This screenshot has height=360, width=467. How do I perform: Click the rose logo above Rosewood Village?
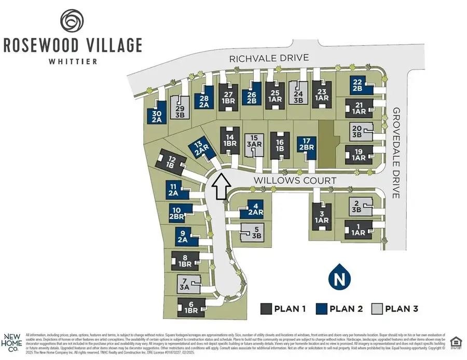tap(72, 20)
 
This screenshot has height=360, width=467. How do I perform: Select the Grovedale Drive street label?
tap(397, 153)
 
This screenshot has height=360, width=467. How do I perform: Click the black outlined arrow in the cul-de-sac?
tap(221, 187)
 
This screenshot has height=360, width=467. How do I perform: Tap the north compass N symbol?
tap(339, 278)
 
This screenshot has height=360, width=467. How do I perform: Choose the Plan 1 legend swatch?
tap(266, 309)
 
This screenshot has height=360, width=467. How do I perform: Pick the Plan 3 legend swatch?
tap(377, 309)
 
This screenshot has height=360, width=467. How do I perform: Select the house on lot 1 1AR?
tap(359, 229)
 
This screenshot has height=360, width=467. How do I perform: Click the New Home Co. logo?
tap(11, 343)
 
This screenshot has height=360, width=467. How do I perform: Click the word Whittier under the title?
tap(72, 61)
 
